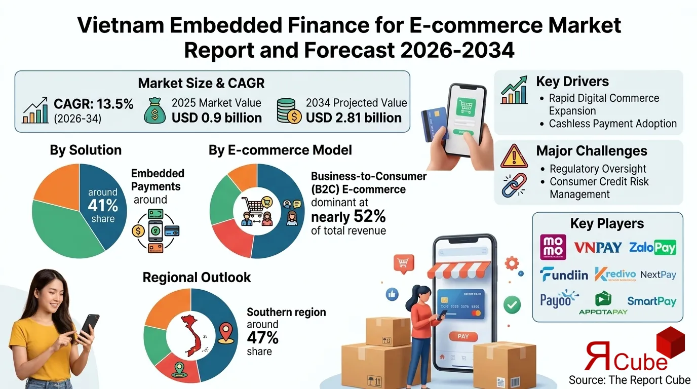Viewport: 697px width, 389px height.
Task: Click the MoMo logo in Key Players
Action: (x=553, y=247)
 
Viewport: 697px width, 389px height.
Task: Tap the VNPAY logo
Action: (x=598, y=248)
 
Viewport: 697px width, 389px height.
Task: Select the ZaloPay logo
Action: (x=652, y=247)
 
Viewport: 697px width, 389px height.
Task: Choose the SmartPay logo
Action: (x=651, y=301)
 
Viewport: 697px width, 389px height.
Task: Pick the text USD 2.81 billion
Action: (x=354, y=118)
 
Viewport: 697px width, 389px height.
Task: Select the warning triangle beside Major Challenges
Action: (x=514, y=157)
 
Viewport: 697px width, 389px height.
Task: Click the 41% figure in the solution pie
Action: (x=103, y=206)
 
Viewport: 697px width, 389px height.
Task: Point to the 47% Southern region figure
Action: (x=263, y=337)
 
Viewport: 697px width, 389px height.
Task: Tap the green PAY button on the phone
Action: (x=463, y=336)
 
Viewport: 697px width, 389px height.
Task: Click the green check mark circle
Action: (x=513, y=304)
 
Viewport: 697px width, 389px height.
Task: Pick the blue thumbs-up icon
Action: (x=392, y=293)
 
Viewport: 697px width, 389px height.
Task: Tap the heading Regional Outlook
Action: (x=197, y=278)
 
